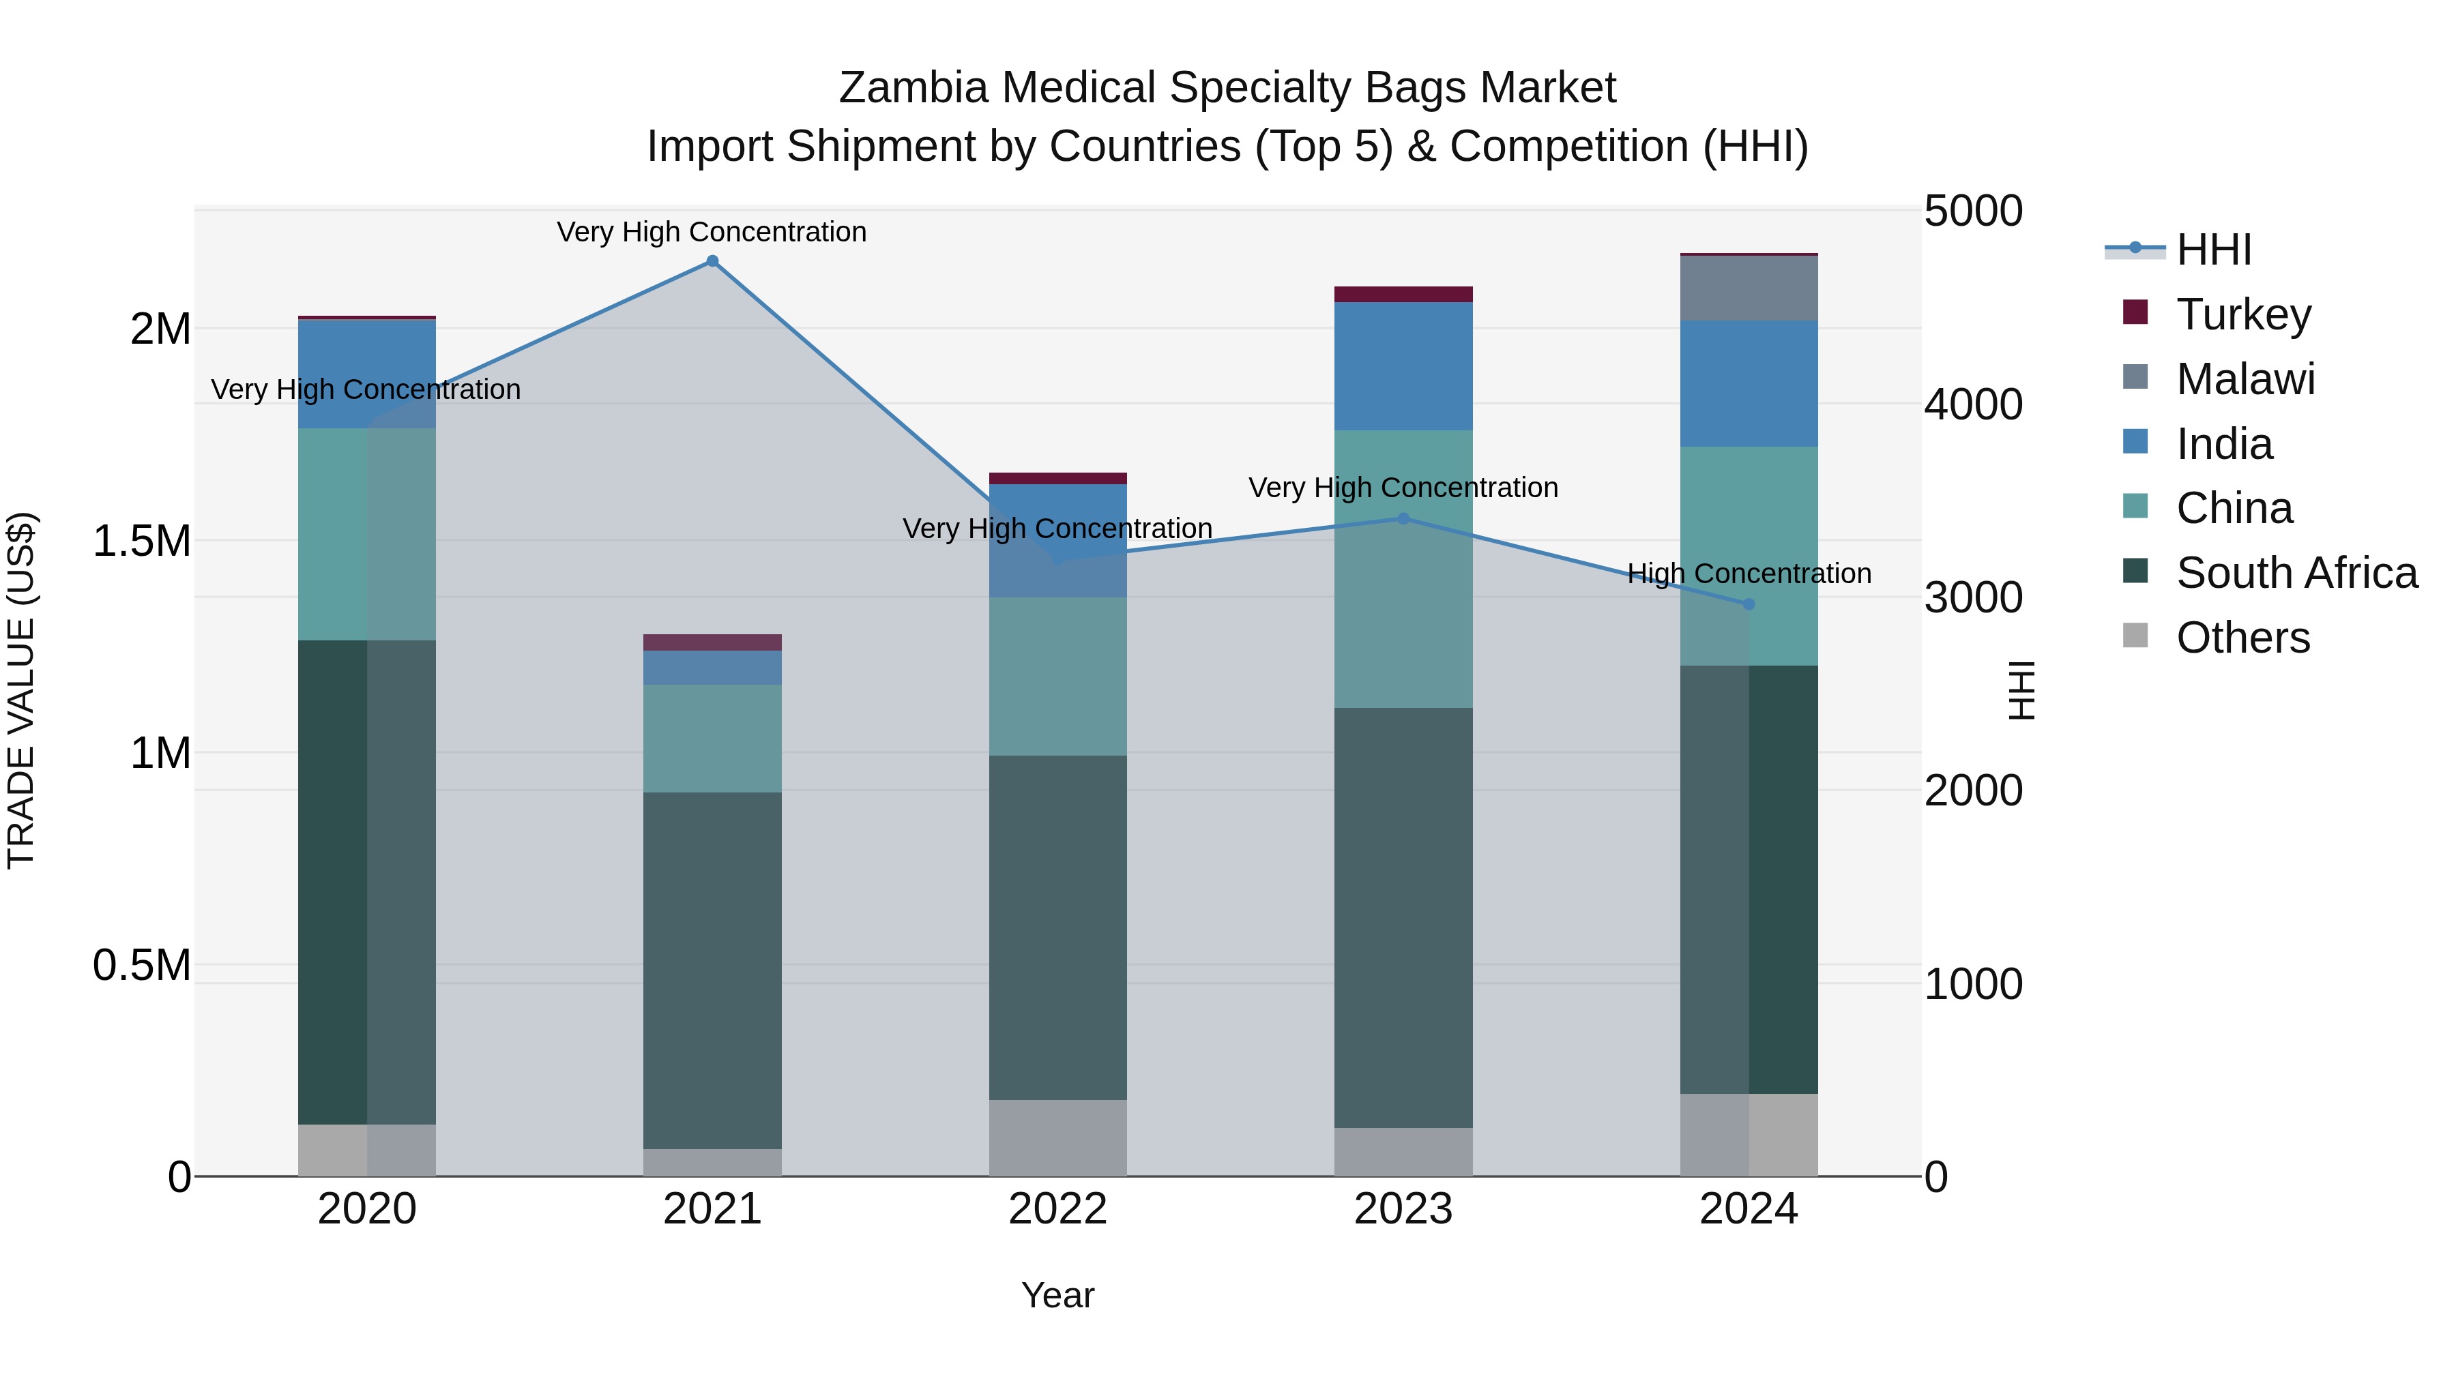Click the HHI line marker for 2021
(712, 261)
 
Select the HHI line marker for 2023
(1403, 518)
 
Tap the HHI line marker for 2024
(1749, 604)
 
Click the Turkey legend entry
(2242, 314)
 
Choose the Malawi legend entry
(2245, 379)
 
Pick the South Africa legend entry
(2296, 573)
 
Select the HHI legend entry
(2213, 250)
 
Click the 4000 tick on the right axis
(1972, 404)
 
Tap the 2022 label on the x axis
(1057, 1209)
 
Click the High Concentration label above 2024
(1749, 574)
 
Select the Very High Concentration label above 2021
(712, 232)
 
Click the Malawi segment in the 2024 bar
(1749, 288)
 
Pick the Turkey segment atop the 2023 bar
(1403, 293)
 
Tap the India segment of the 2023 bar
(1403, 366)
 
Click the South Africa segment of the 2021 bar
(712, 970)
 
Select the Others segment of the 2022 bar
(1057, 1138)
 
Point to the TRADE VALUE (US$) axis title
(21, 690)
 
